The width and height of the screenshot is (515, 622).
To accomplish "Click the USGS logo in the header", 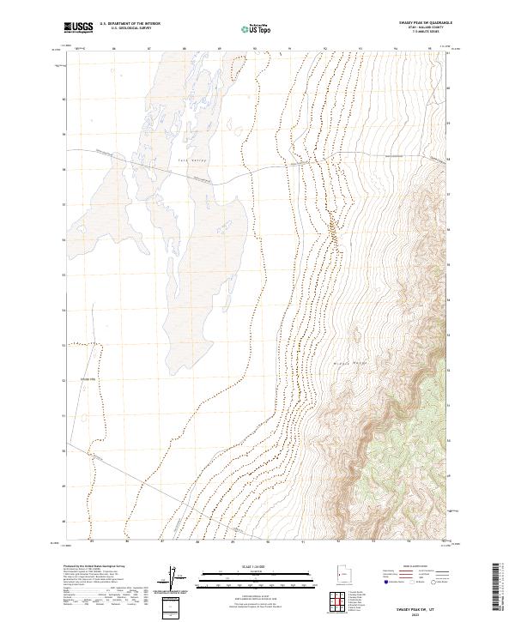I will click(x=78, y=27).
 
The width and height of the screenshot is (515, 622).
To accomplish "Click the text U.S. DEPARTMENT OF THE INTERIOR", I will click(x=129, y=24).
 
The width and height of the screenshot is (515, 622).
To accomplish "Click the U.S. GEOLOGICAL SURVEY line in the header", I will click(x=125, y=28).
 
